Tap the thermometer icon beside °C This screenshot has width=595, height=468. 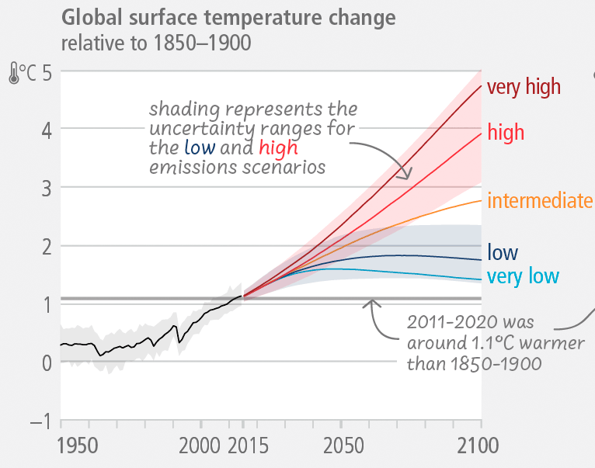14,75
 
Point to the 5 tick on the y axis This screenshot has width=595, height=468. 47,75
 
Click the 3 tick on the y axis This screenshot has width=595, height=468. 47,188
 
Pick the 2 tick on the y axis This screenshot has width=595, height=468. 47,247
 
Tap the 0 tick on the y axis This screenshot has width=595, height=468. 47,362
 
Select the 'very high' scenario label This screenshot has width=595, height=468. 524,87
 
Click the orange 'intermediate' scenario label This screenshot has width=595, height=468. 540,202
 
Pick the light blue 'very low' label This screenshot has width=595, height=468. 523,276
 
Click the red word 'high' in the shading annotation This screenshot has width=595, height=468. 278,147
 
